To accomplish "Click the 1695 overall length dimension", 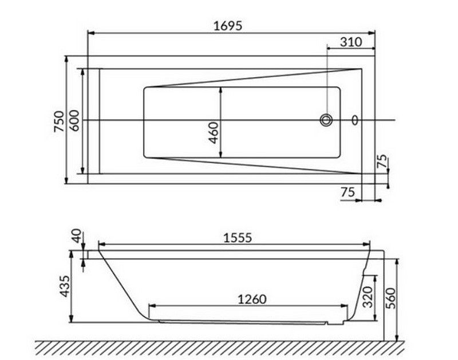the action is click(x=228, y=26).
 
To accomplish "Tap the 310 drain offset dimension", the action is click(x=351, y=42).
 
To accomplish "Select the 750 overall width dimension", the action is click(x=59, y=121).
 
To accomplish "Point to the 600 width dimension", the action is click(x=74, y=120).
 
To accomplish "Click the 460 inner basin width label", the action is click(x=214, y=133).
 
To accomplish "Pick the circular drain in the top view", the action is click(x=326, y=120).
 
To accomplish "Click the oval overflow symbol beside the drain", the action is click(x=354, y=120).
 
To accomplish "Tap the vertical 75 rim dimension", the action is click(x=382, y=161).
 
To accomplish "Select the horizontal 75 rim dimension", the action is click(x=348, y=192).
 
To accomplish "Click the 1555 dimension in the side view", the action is click(x=238, y=238).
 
